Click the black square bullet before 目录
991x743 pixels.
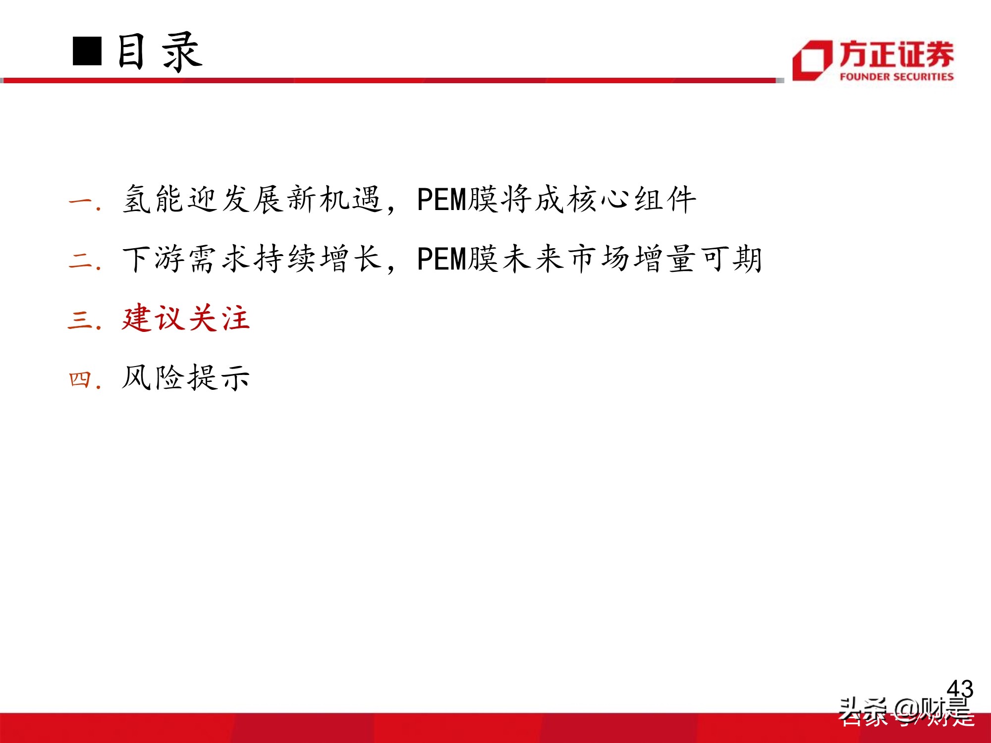coord(87,51)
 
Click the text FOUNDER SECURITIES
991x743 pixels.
coord(896,77)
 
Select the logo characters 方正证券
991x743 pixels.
coord(896,54)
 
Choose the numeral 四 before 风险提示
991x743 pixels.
coord(80,379)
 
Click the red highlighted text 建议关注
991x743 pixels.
coord(186,318)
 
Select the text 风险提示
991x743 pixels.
coord(186,377)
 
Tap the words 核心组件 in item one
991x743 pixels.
coord(632,200)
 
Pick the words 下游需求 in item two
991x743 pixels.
coord(186,259)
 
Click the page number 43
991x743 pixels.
coord(960,689)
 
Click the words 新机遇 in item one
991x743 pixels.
coord(334,200)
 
